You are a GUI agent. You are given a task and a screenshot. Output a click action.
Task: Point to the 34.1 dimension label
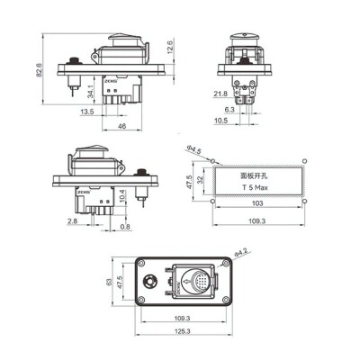[x=91, y=90]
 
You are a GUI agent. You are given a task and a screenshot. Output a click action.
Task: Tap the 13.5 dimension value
[x=87, y=112]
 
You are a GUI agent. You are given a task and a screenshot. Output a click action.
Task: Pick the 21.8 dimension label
[x=220, y=93]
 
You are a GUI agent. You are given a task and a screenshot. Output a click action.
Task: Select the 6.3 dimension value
[x=229, y=109]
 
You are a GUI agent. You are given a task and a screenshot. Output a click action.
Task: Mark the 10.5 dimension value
[x=221, y=121]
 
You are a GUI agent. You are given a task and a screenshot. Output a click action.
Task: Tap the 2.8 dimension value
[x=72, y=220]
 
